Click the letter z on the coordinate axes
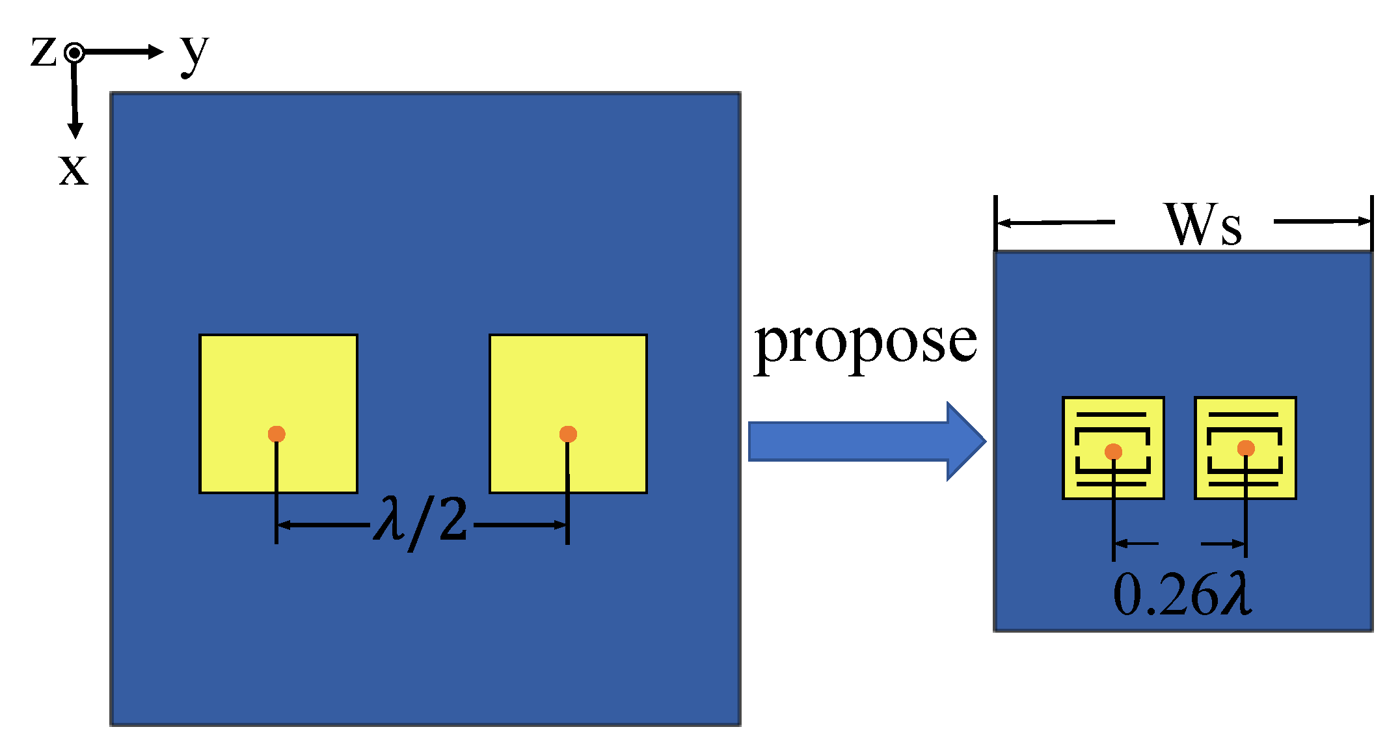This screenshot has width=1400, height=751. [x=43, y=52]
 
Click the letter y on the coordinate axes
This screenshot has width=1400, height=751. [x=194, y=53]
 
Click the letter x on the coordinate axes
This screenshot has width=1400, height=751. [x=73, y=170]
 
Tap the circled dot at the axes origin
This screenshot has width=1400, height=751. [x=75, y=53]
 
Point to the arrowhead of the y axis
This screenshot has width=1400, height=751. [x=155, y=52]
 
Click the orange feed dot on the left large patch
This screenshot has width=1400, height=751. [x=276, y=434]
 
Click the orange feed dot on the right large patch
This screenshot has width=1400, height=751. [x=568, y=434]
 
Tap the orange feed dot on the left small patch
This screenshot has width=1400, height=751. [x=1113, y=451]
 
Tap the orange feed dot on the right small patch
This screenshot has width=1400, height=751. [x=1246, y=448]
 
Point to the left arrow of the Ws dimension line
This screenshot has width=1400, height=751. [x=1005, y=223]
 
